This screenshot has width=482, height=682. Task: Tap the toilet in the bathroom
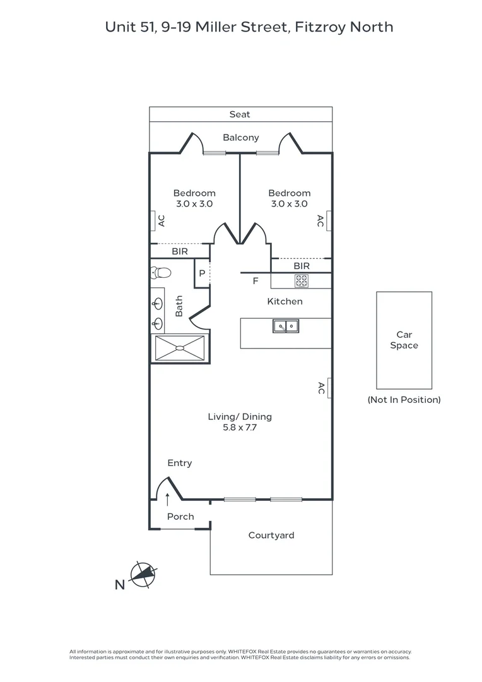coord(160,273)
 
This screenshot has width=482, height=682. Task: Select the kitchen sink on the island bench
coord(286,326)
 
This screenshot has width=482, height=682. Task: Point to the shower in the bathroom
coord(180,347)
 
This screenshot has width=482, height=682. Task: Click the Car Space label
coord(404,340)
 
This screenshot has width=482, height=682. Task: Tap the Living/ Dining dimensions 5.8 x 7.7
coord(240,428)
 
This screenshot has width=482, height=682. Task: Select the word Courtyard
coord(271,535)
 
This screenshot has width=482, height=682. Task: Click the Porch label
coord(180,517)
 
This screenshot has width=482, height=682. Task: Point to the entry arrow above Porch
coord(167,500)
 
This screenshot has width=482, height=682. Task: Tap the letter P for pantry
coord(202,273)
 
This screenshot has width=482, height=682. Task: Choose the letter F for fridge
coord(256,281)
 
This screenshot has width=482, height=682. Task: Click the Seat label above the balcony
coord(240,114)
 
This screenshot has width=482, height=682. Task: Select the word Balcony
coord(240,138)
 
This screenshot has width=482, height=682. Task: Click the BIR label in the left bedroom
coord(180,251)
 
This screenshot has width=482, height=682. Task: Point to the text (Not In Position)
coord(404,400)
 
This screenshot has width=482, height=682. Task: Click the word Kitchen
coord(285,301)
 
